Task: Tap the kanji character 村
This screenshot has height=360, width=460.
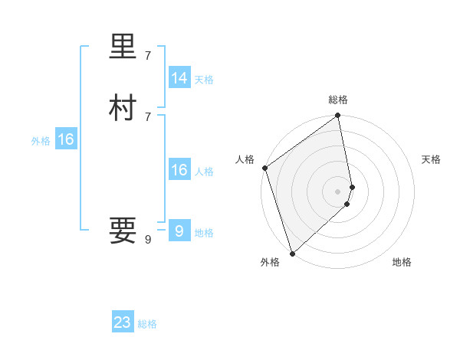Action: [x=123, y=109]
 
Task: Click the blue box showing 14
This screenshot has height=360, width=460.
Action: [x=179, y=78]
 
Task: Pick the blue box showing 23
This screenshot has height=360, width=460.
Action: [x=123, y=322]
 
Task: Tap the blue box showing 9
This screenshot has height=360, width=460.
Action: [x=179, y=231]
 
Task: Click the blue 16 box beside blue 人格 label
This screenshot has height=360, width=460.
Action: [x=179, y=170]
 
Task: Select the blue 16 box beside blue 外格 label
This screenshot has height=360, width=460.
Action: [x=66, y=139]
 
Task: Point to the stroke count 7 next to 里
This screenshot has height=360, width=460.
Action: [x=148, y=56]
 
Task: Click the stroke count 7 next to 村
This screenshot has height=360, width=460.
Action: [x=148, y=116]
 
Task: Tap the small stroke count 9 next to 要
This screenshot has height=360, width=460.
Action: [x=148, y=240]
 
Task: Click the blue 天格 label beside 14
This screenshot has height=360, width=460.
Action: [x=204, y=80]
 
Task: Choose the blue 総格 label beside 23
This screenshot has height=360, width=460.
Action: [x=147, y=324]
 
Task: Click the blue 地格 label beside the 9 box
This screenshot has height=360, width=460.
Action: [x=204, y=233]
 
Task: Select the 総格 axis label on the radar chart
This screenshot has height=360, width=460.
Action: [x=338, y=100]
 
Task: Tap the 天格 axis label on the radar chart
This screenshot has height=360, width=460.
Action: [x=432, y=159]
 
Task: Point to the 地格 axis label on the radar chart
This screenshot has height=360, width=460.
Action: [x=402, y=262]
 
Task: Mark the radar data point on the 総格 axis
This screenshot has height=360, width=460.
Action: [x=338, y=116]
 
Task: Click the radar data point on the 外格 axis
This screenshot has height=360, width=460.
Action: [x=291, y=253]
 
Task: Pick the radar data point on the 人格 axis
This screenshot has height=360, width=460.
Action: [x=264, y=168]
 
